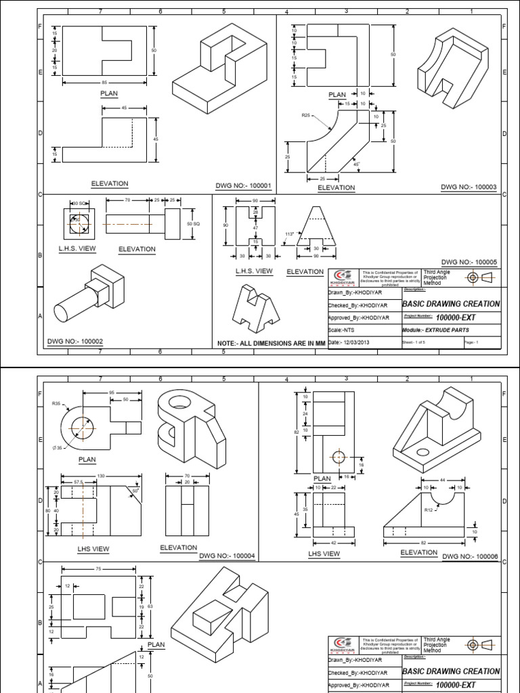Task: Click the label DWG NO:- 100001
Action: click(x=242, y=185)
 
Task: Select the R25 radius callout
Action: click(x=307, y=116)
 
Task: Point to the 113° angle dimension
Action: click(x=288, y=234)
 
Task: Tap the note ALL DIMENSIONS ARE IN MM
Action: click(x=270, y=344)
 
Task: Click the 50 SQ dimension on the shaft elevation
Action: click(x=193, y=223)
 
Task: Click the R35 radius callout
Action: click(x=56, y=403)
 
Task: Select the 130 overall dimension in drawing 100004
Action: click(x=101, y=476)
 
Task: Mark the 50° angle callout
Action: click(x=135, y=491)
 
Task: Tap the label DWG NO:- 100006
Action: click(x=469, y=556)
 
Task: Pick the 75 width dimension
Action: click(x=98, y=570)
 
